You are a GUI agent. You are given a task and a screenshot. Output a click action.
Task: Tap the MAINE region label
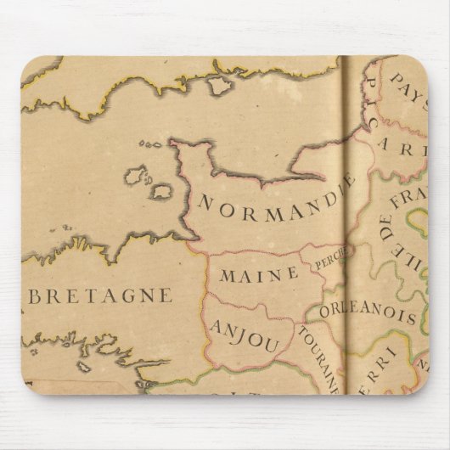point(259,274)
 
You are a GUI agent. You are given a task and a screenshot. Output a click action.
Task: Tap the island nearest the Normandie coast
point(162,192)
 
